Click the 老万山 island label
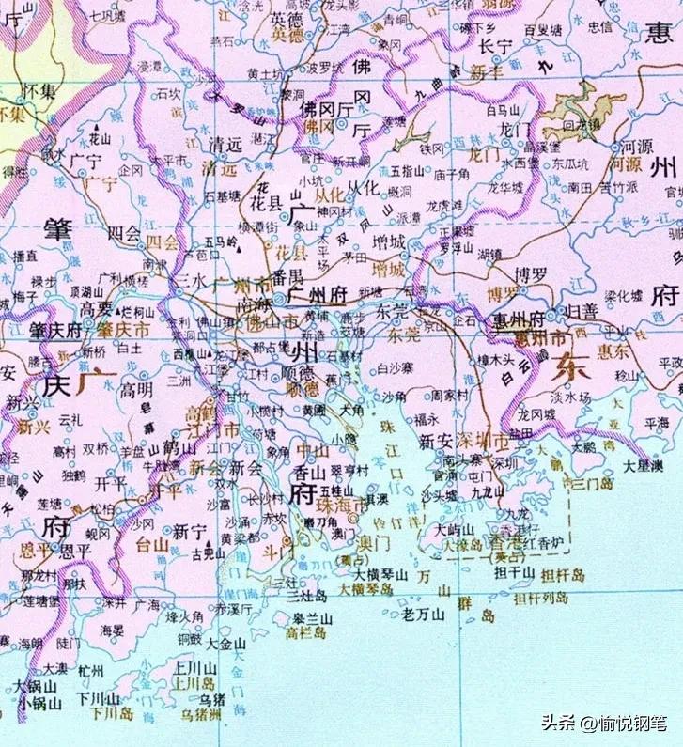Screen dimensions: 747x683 tap(423, 615)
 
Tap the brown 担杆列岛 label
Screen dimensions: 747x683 tap(540, 598)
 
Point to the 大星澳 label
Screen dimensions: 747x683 tap(644, 466)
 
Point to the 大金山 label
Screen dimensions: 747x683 tap(226, 645)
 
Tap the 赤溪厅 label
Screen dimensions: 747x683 tap(235, 609)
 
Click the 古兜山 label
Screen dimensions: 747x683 tap(210, 554)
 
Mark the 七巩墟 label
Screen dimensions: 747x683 tap(106, 16)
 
